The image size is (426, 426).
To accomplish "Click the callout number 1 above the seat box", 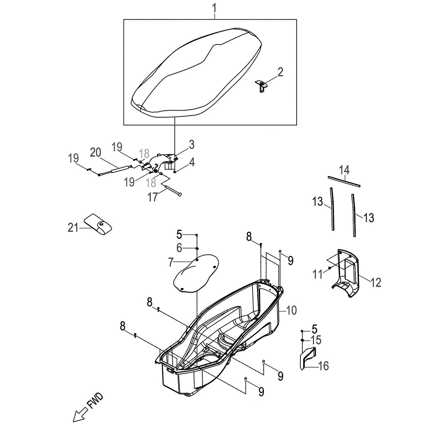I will (214, 8).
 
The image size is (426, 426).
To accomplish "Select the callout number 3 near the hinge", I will (191, 145).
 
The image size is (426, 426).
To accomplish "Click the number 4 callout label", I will (191, 162).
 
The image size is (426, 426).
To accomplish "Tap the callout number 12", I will (375, 282).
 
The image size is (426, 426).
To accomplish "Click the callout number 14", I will (344, 170).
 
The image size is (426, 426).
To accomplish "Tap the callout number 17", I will (153, 197).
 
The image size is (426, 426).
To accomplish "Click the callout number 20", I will (95, 153).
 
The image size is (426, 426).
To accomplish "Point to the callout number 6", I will (179, 248).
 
